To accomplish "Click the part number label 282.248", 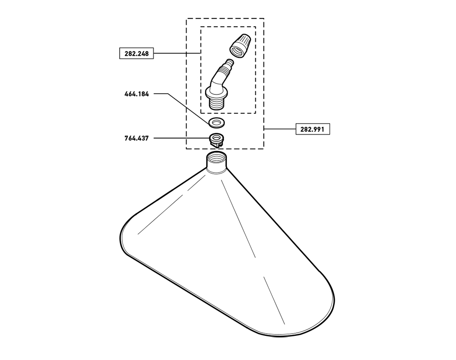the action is [x=136, y=53].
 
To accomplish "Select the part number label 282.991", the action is [x=313, y=129].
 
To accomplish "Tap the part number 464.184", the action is [x=137, y=94].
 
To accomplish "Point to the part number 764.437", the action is [x=137, y=138].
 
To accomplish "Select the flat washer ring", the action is [x=216, y=122].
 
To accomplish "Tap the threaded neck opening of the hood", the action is [x=216, y=163].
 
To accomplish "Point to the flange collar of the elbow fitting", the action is [x=216, y=94].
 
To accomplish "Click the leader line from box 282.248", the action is [x=177, y=53].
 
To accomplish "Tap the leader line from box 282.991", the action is [x=280, y=129].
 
